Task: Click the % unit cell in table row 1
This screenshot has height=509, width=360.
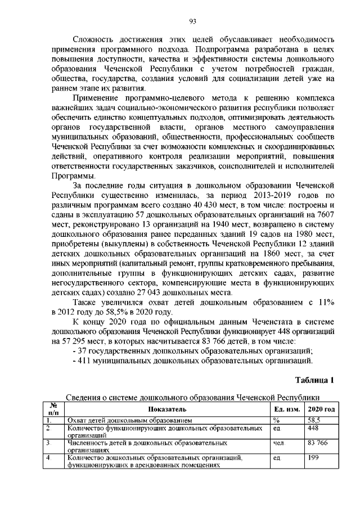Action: click(x=276, y=420)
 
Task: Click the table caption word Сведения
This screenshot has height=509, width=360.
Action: click(x=83, y=398)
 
